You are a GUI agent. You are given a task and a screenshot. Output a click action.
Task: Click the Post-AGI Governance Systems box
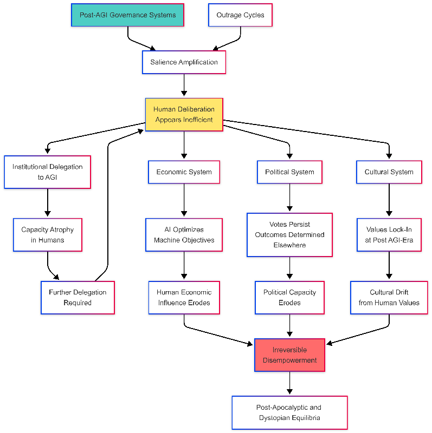[x=127, y=15]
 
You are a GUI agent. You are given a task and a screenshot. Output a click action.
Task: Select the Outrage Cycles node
[x=240, y=15]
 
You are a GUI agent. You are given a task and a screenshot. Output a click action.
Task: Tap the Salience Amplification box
[x=184, y=62]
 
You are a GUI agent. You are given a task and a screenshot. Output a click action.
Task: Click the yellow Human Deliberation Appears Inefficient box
[x=184, y=114]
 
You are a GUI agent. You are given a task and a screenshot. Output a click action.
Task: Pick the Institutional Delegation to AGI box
[x=48, y=172]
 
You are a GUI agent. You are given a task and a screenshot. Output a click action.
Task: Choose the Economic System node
[x=184, y=172]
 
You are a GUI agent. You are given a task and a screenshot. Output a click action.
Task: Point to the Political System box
[x=289, y=172]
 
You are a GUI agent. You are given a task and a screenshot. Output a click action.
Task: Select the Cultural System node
[x=389, y=172]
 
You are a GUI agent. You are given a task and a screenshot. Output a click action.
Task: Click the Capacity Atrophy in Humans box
[x=48, y=235]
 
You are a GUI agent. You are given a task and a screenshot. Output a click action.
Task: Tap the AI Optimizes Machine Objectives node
[x=184, y=235]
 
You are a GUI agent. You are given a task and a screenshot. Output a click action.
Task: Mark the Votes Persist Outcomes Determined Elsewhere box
[x=289, y=235]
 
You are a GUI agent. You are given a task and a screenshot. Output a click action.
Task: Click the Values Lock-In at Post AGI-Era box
[x=389, y=235]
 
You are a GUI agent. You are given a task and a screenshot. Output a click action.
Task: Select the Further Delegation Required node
[x=78, y=297]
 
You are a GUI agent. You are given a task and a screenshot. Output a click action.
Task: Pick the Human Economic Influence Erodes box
[x=184, y=297]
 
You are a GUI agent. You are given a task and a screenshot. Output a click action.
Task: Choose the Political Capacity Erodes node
[x=289, y=297]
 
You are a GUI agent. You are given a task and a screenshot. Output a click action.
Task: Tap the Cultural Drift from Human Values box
[x=389, y=297]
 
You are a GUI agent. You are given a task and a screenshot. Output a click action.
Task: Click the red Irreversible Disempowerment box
[x=289, y=355]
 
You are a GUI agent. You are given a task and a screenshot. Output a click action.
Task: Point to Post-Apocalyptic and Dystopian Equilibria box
[x=289, y=412]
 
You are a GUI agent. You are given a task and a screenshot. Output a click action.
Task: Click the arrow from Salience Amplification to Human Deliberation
[x=184, y=86]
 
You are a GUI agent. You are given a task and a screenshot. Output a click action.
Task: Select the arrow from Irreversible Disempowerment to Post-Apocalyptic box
[x=289, y=383]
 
